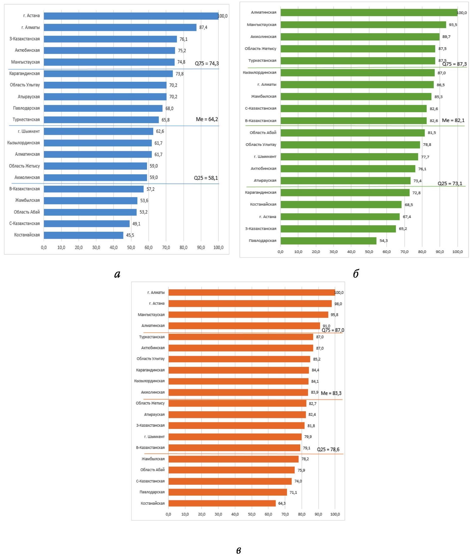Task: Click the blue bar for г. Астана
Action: click(131, 16)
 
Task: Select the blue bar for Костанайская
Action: click(84, 235)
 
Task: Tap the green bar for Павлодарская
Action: click(328, 241)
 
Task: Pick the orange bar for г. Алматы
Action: click(252, 293)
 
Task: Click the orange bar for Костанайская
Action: click(222, 503)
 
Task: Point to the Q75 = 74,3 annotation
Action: click(207, 64)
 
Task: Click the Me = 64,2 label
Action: click(207, 119)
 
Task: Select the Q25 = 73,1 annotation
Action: click(450, 184)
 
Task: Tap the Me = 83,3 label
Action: click(331, 393)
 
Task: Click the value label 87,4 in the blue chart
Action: click(203, 28)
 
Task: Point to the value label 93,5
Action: click(453, 25)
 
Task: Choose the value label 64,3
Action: click(282, 503)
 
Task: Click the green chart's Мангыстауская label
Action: click(261, 25)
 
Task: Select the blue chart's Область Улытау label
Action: click(25, 85)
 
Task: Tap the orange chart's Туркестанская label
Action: click(152, 337)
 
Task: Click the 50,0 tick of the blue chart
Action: click(131, 247)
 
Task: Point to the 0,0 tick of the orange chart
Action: click(168, 514)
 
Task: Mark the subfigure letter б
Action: click(356, 274)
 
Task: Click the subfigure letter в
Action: click(238, 550)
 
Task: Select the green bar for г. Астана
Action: click(340, 216)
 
